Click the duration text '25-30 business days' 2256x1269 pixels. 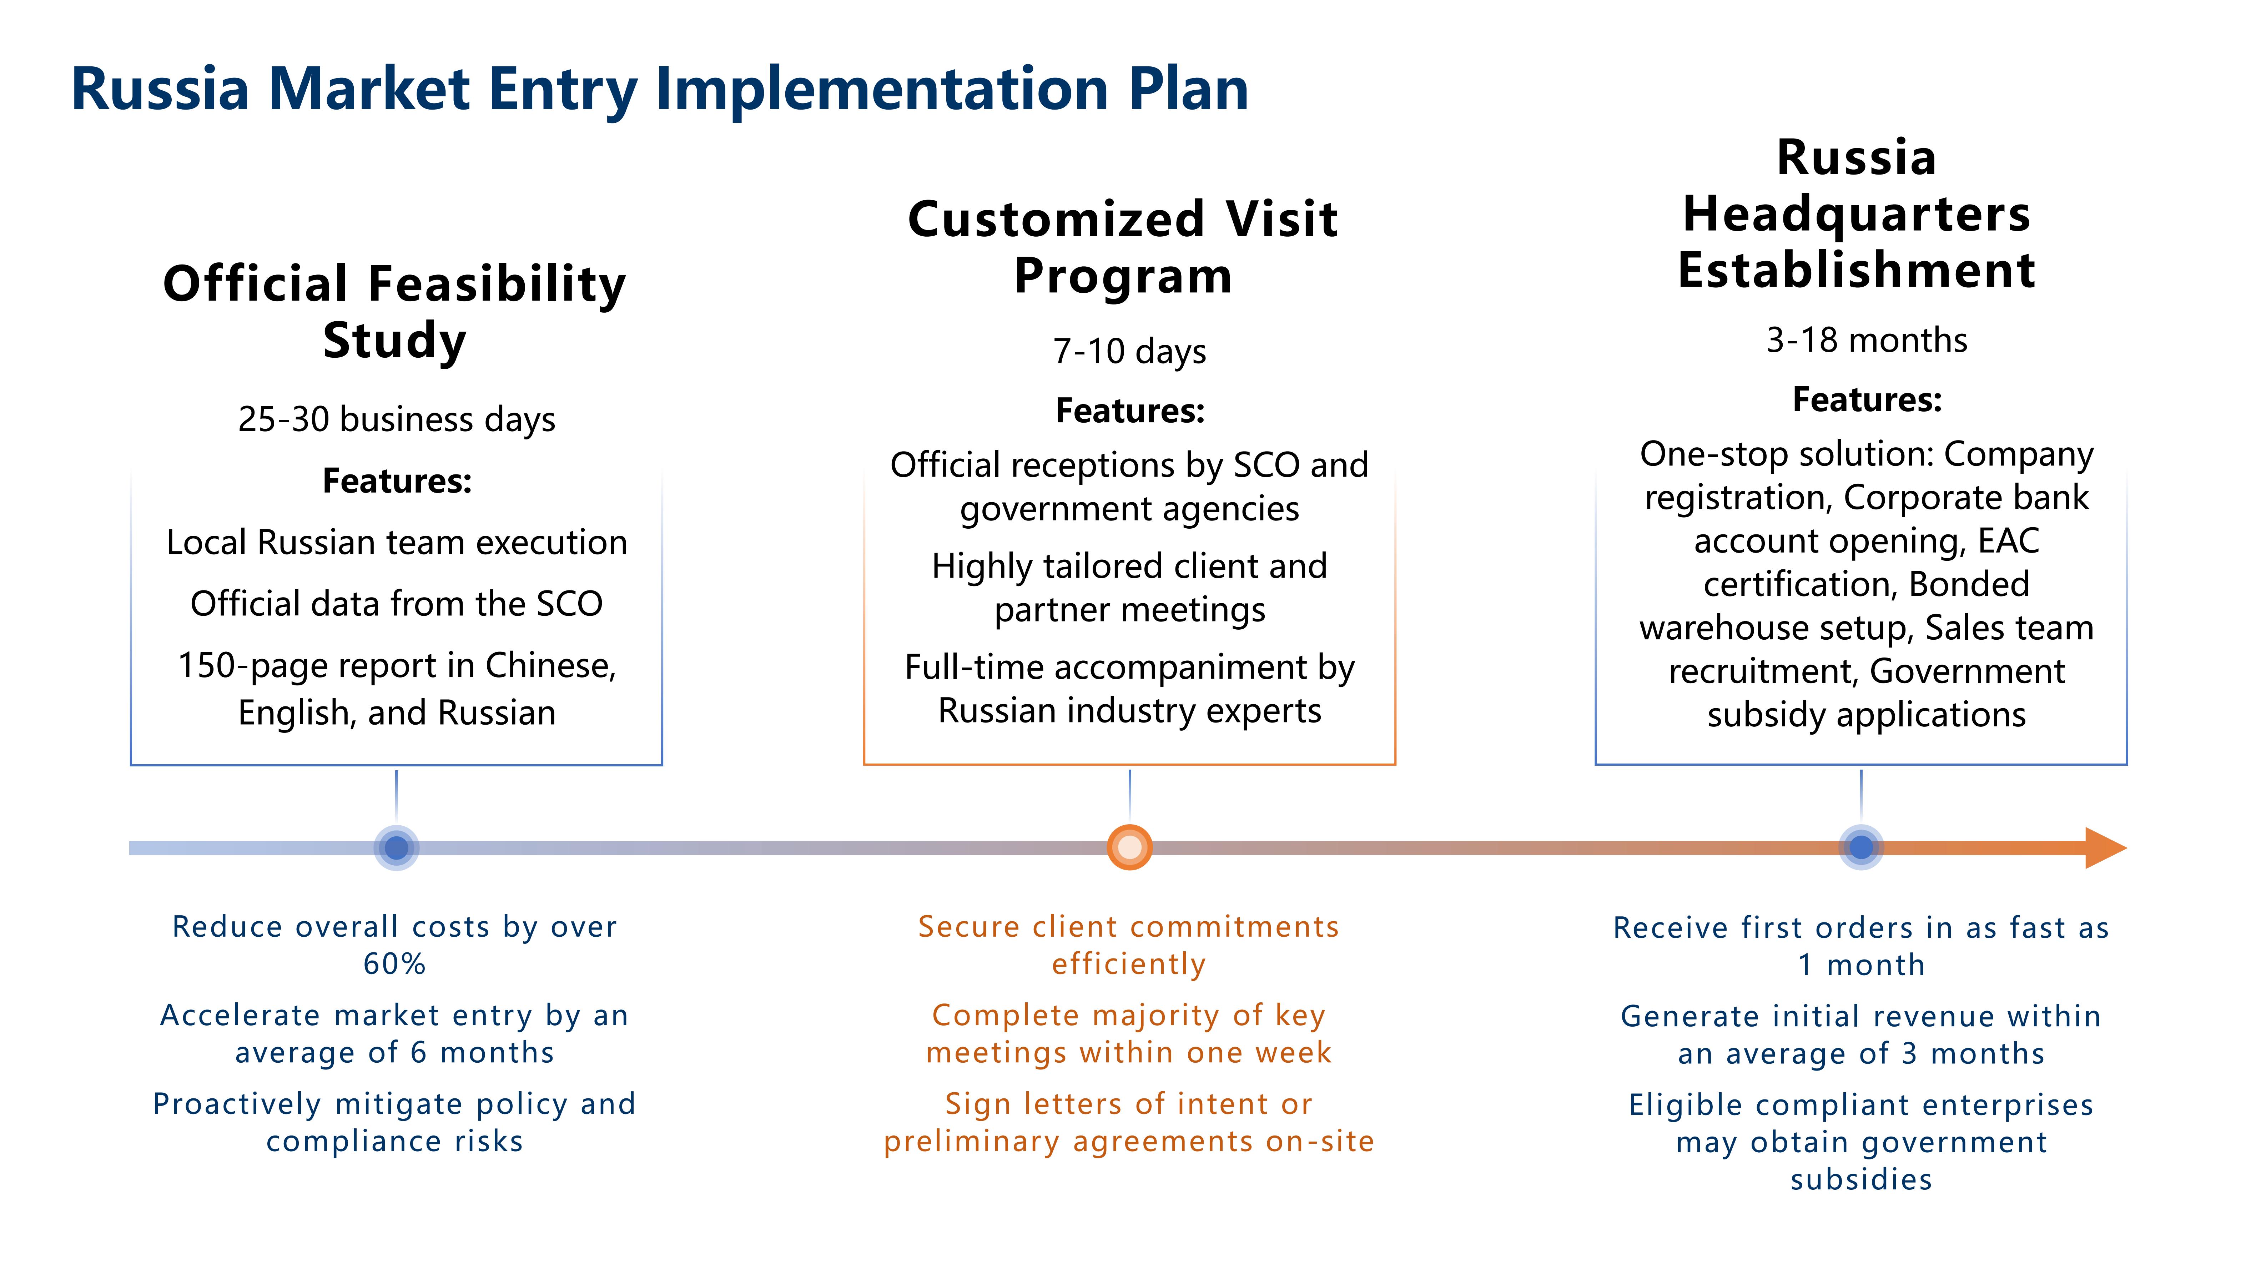point(396,419)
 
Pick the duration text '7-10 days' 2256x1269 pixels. point(1129,351)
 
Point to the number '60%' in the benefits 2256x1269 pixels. point(394,964)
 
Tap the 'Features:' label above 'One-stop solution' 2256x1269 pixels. point(1866,400)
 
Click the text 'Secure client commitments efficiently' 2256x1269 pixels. point(1128,945)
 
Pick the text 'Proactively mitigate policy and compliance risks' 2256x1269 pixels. point(394,1122)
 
